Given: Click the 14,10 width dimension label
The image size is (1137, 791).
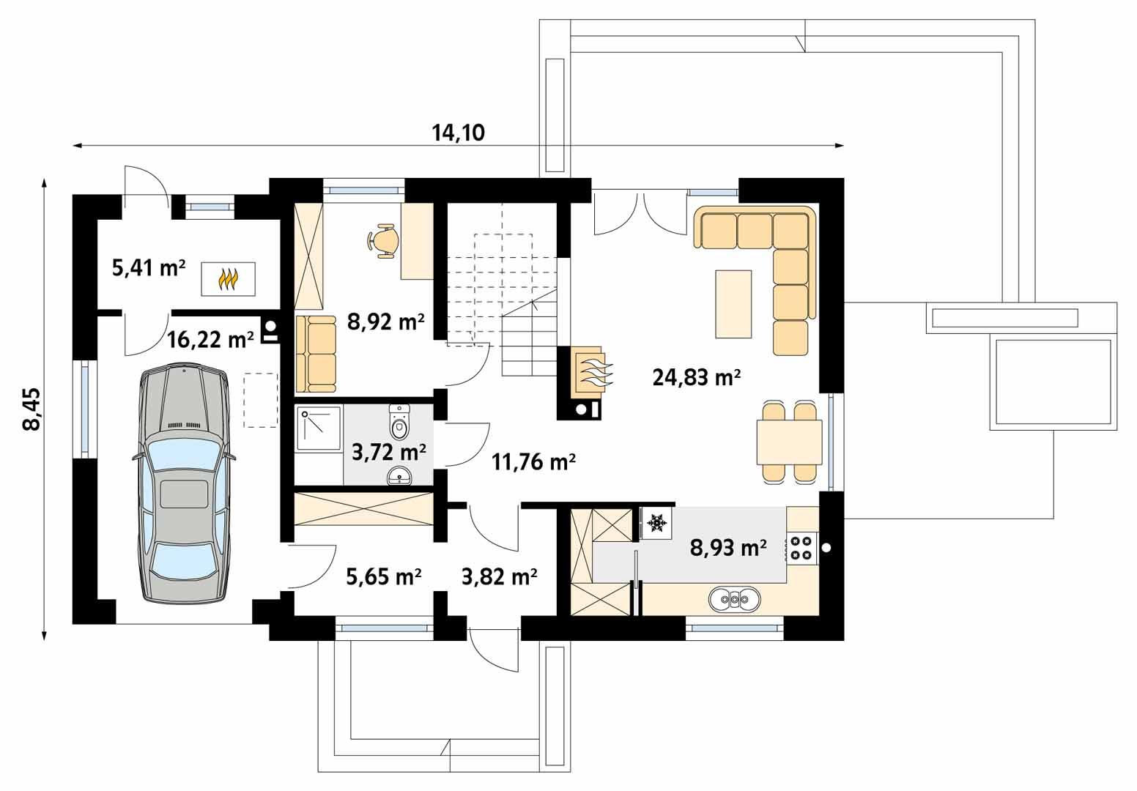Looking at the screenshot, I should [459, 133].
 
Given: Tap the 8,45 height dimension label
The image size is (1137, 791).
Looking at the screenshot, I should [33, 409].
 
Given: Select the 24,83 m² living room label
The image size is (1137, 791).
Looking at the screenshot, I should [696, 378].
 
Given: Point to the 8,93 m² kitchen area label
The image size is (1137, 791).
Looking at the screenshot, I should [728, 547].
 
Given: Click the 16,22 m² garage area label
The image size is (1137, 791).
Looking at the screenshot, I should [210, 340].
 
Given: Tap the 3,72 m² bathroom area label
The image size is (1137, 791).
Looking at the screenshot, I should [389, 452].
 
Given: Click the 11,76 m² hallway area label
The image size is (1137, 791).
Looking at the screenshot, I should [533, 462].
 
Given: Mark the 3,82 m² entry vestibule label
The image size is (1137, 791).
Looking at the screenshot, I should [500, 577].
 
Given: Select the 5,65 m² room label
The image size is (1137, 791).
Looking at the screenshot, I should [383, 577].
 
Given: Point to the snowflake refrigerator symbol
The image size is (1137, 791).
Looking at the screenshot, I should [656, 523].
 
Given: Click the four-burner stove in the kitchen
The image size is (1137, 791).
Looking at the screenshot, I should [801, 548].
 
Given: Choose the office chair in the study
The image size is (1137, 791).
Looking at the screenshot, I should [385, 240].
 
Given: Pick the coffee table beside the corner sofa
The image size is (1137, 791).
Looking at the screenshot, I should [733, 304].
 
